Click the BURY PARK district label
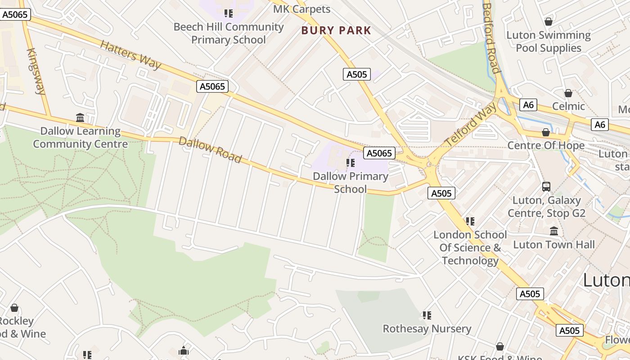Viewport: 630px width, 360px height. point(336,31)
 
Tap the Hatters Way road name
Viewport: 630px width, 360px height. point(130,55)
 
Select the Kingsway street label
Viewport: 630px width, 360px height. point(36,71)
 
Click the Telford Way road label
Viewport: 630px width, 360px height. point(471,124)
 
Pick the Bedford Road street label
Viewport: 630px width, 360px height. point(490,38)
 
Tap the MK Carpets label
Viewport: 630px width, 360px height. point(301,9)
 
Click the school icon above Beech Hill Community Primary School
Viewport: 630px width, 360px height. point(229,13)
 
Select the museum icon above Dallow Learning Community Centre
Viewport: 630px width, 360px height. point(80,118)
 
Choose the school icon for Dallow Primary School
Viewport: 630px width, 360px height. point(351,163)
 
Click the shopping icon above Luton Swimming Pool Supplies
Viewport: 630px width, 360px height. point(548,22)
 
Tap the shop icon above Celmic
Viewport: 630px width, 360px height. point(568,93)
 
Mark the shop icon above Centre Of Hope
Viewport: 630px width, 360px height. point(546,132)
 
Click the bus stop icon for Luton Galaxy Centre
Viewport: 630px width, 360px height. point(546,186)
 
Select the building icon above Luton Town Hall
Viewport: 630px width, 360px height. point(554,231)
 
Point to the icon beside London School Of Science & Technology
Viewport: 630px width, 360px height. point(470,221)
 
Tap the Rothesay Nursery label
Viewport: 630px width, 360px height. point(427,328)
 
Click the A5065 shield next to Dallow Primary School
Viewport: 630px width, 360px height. point(379,153)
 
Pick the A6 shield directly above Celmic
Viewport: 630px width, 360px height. point(528,105)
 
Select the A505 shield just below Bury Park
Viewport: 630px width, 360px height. point(357,74)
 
